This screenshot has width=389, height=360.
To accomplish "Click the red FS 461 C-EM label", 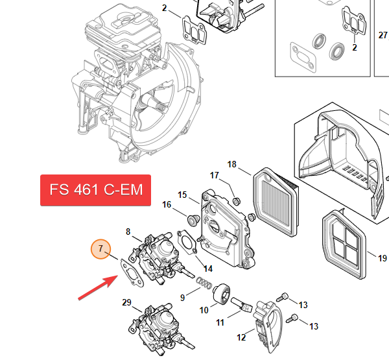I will tap(95, 190).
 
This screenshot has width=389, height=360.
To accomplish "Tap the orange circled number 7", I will tap(100, 249).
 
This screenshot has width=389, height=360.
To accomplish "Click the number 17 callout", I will tap(215, 176).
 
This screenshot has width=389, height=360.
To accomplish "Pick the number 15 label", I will tap(182, 195).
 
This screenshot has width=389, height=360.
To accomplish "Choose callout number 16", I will tap(167, 205).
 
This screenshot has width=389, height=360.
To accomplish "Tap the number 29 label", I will tap(126, 302).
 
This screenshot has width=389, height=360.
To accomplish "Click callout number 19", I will tap(382, 258).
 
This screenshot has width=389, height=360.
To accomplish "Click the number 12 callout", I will tap(241, 337).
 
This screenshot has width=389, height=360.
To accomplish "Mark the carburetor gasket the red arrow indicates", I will tap(130, 271).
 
